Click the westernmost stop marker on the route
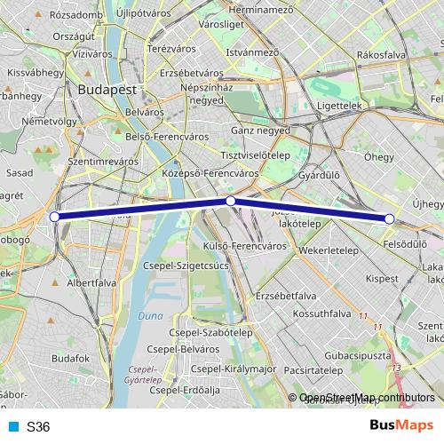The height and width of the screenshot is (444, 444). click(55, 217)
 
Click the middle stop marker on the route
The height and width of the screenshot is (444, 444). click(231, 202)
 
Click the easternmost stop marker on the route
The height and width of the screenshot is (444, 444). click(389, 218)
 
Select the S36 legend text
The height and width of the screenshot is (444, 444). click(38, 427)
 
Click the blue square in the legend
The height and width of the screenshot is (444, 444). click(13, 427)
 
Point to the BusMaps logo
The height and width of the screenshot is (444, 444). click(397, 426)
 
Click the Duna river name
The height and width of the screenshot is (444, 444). click(149, 315)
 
